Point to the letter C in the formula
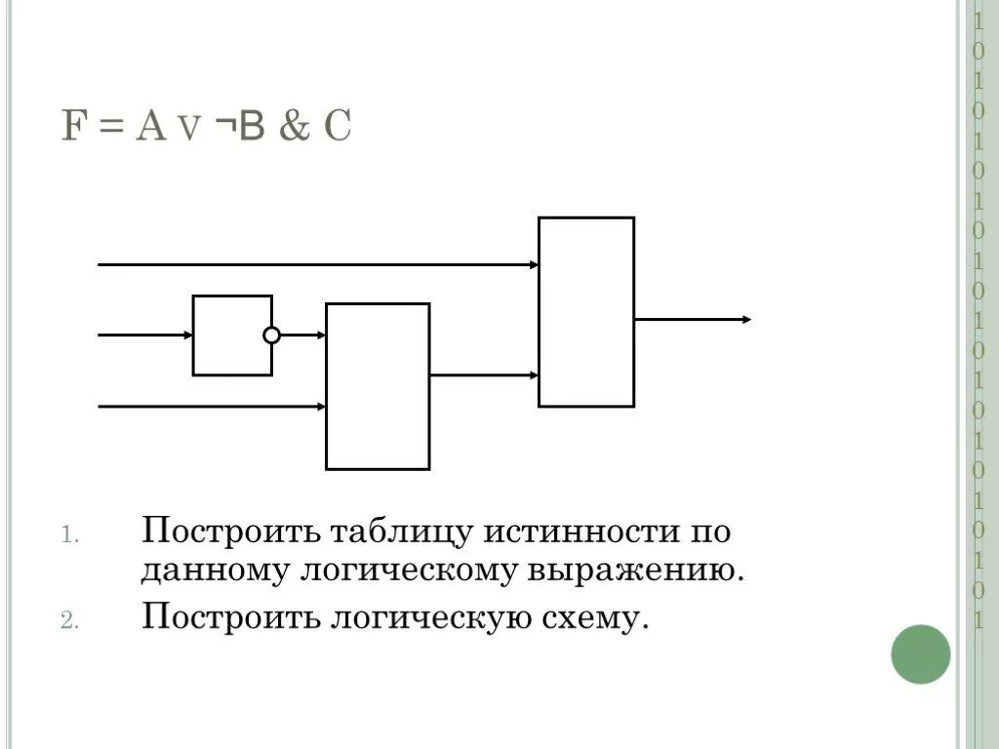coord(337,128)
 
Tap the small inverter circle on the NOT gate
coord(271,335)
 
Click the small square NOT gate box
coord(231,335)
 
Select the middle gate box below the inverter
coord(378,386)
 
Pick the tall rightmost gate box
coord(586,312)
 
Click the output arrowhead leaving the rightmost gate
coord(746,319)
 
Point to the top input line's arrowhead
coord(534,264)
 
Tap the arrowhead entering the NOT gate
coord(187,335)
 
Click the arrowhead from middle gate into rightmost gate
coord(534,374)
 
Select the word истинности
coord(577,533)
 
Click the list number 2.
coord(68,621)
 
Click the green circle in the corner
coord(920,654)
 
